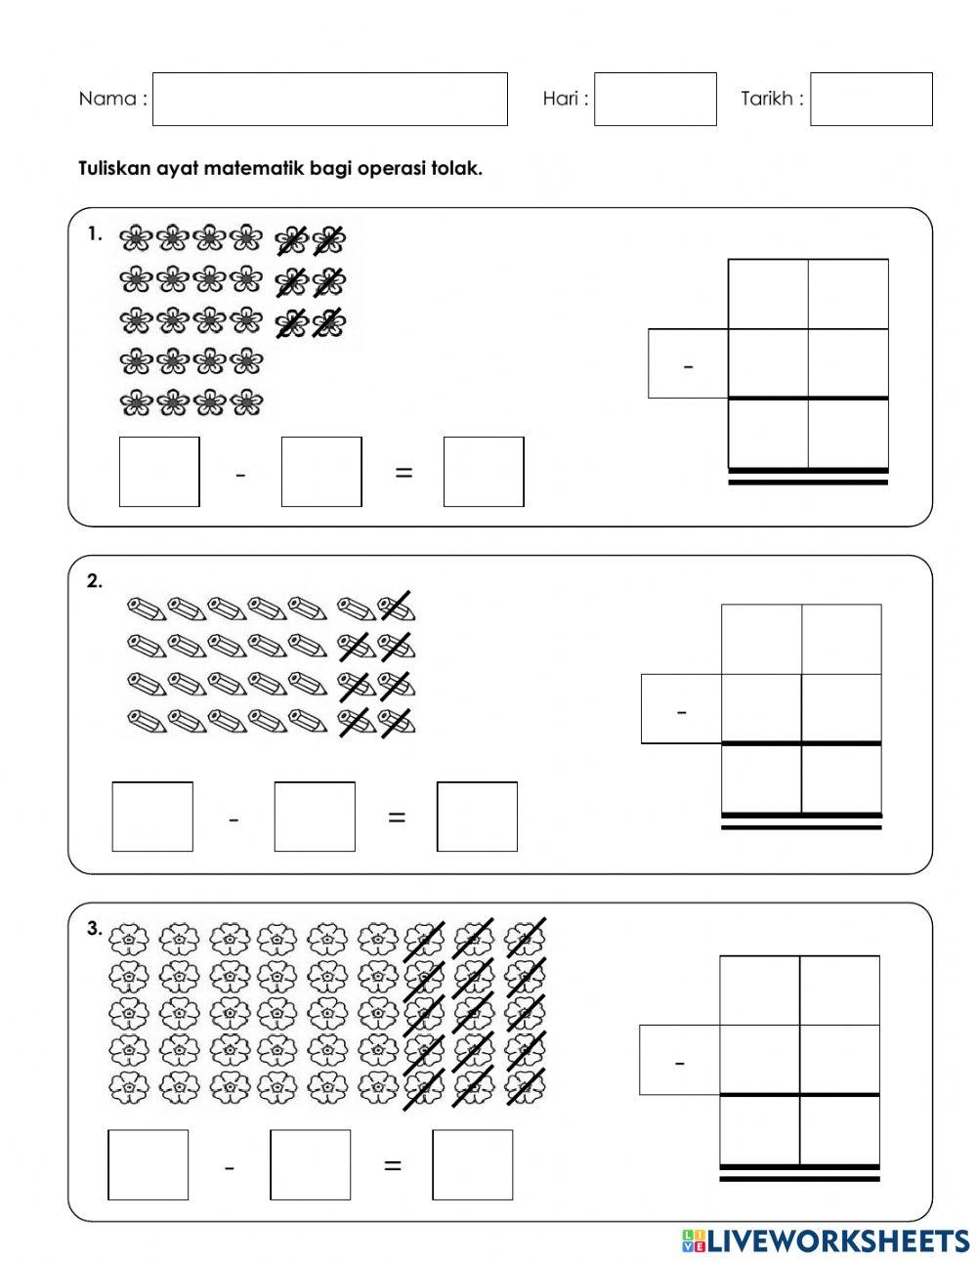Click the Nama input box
point(329,99)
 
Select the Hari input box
point(655,99)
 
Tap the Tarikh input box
point(871,99)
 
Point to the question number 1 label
point(94,234)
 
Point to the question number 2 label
point(94,581)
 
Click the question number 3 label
point(94,929)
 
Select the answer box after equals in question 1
point(483,472)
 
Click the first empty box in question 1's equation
point(159,472)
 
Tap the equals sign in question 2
point(396,818)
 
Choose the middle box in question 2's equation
point(315,817)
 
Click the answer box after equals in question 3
point(472,1164)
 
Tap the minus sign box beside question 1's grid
point(688,364)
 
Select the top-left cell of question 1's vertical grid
point(768,294)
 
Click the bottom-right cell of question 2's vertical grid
point(841,778)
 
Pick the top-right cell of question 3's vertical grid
point(839,990)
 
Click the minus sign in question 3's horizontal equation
point(229,1166)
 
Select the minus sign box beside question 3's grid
point(679,1060)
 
